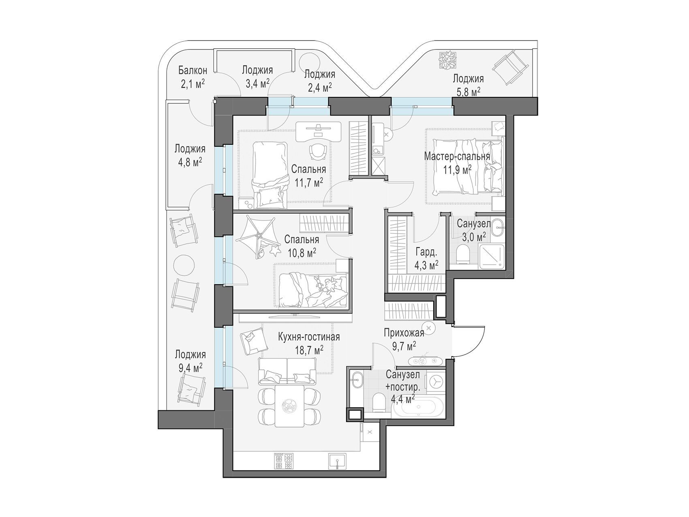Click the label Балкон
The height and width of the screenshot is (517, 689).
(193, 71)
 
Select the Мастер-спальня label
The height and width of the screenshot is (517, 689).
(457, 156)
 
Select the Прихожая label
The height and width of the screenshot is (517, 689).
(404, 333)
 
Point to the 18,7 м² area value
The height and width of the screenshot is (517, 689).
(310, 349)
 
